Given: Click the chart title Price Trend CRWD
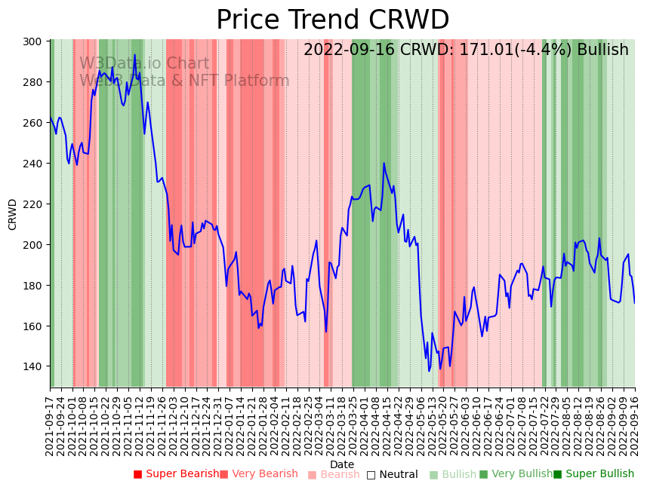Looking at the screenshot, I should [332, 20].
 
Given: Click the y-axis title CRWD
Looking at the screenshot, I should [13, 214].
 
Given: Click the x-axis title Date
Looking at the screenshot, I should [342, 464].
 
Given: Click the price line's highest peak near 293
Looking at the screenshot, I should [135, 55].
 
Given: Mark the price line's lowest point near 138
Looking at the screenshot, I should [429, 370].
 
